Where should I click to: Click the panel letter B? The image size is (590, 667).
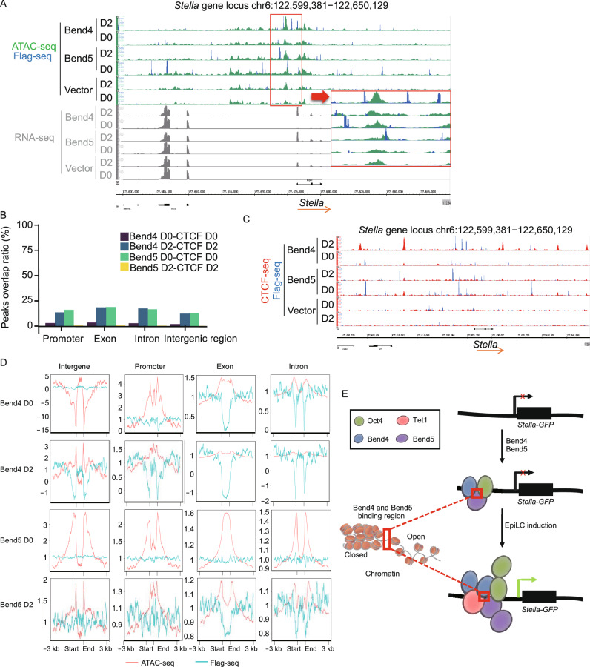pyautogui.click(x=7, y=217)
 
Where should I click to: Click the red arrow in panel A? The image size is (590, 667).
pyautogui.click(x=319, y=96)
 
